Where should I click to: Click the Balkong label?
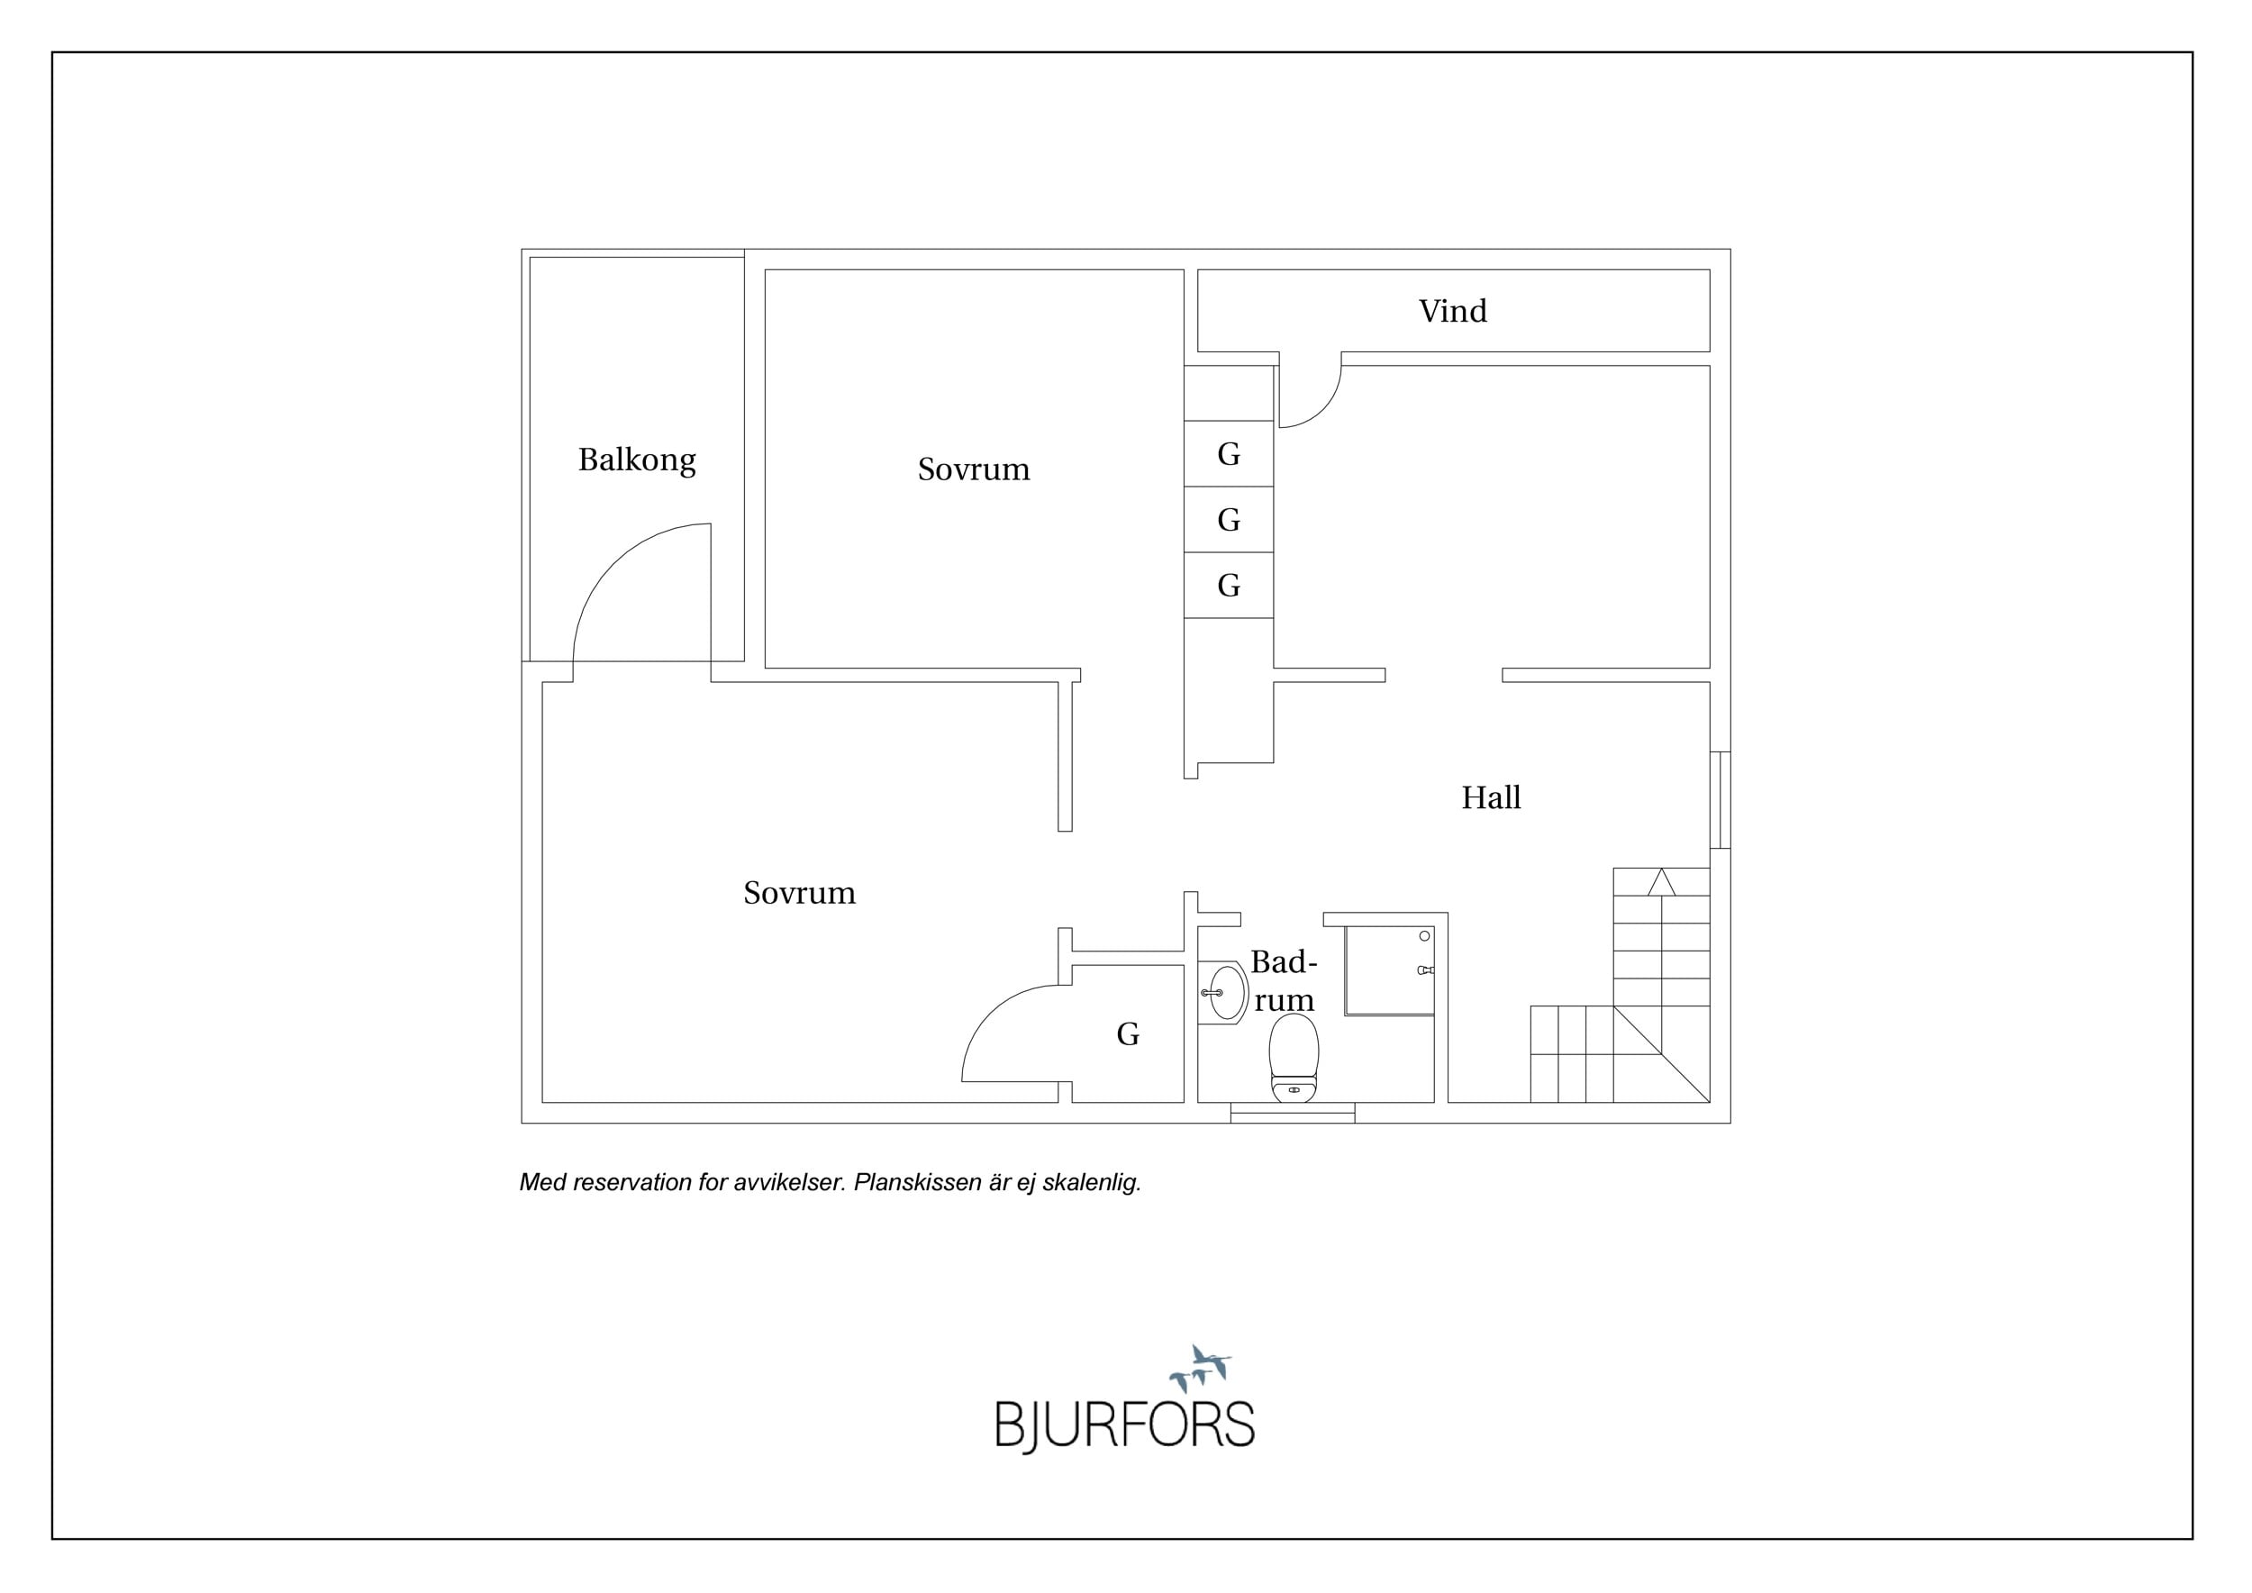click(637, 460)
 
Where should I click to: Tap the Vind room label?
click(1453, 311)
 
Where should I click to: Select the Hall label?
click(1491, 797)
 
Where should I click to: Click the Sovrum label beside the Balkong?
click(974, 469)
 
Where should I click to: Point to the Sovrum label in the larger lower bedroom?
click(799, 893)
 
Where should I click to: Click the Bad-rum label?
click(1284, 980)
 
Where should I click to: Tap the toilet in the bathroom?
click(1294, 1059)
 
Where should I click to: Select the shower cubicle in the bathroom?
click(1389, 970)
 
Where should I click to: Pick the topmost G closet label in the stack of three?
click(1229, 454)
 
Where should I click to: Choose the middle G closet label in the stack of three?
click(1229, 520)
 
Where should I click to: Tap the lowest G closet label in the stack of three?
click(1229, 586)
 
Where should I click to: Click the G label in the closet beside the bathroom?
click(1128, 1033)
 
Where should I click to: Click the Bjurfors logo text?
click(1125, 1425)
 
